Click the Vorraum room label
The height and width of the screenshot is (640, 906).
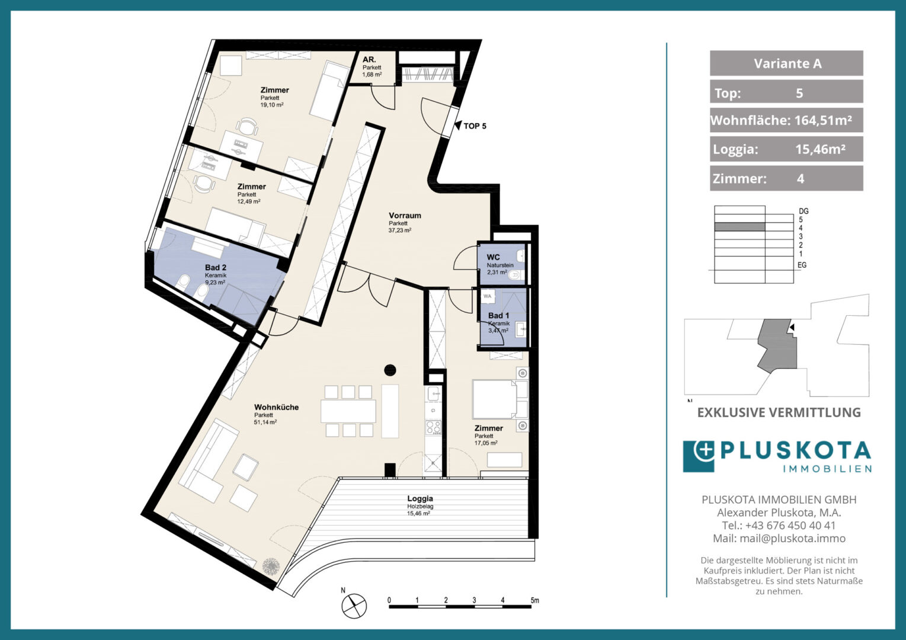[x=405, y=216]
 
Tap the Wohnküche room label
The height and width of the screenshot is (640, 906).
[x=276, y=407]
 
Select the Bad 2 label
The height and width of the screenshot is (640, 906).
[x=216, y=267]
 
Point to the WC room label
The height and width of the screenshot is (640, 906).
[x=493, y=257]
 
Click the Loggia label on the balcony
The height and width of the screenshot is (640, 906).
[x=420, y=498]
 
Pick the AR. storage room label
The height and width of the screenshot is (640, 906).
[x=369, y=60]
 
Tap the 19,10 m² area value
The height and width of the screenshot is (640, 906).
[x=272, y=105]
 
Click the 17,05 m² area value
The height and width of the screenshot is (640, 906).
[x=486, y=443]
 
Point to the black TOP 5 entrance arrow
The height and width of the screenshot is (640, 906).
[x=458, y=126]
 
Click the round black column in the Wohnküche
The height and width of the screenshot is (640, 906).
[x=390, y=370]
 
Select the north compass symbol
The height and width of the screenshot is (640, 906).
[x=354, y=606]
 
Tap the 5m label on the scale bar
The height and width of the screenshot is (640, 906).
[x=534, y=600]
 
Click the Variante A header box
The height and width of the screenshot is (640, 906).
[x=786, y=63]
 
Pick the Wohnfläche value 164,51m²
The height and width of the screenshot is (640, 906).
[x=824, y=120]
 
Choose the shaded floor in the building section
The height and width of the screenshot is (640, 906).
[x=739, y=227]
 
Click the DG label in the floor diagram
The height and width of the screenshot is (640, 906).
[x=803, y=211]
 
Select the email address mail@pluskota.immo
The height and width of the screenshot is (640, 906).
[x=792, y=539]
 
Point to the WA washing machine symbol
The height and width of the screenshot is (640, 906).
[x=488, y=296]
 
